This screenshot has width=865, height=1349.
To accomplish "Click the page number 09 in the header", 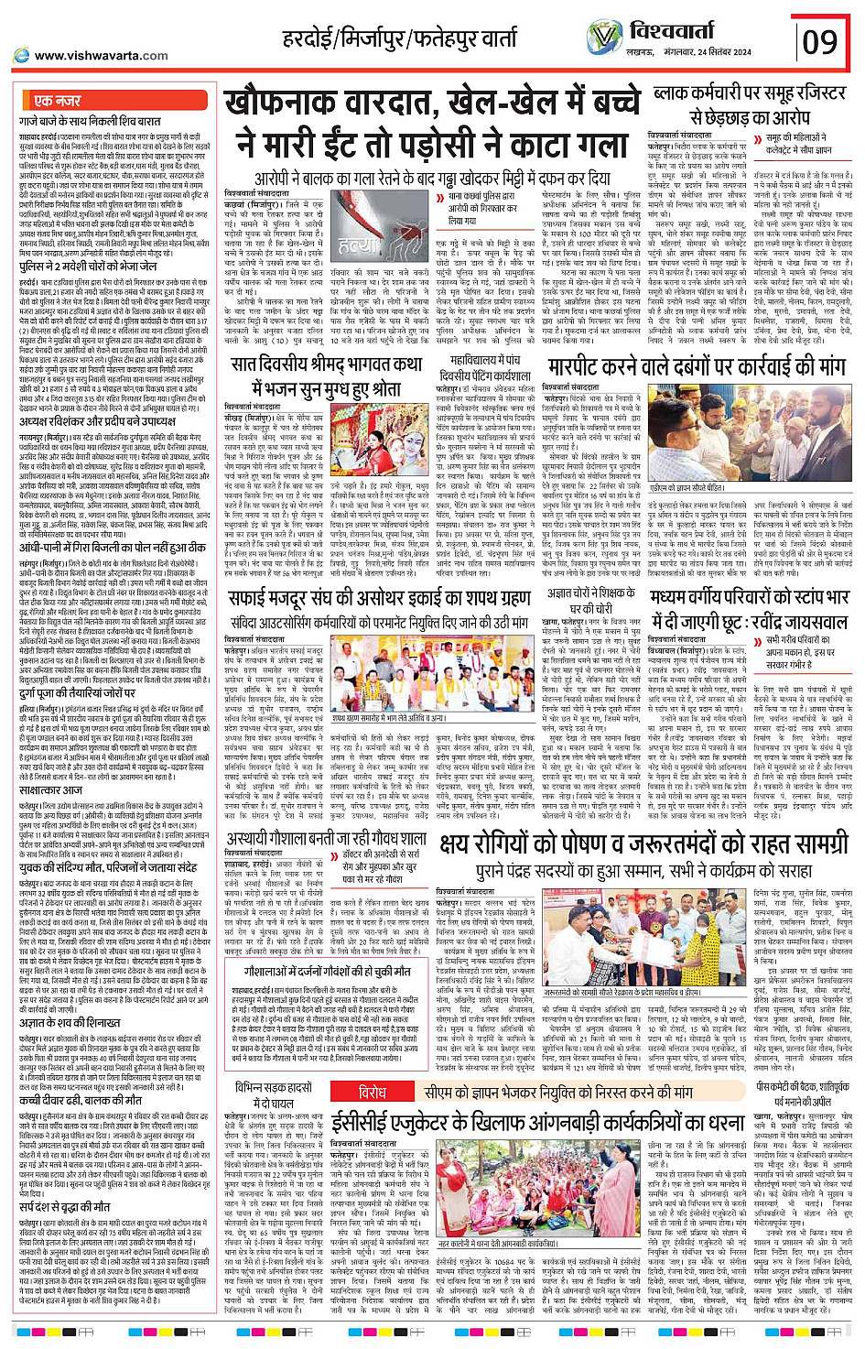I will point(820,41).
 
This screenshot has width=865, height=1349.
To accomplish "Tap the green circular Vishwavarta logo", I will point(604,38).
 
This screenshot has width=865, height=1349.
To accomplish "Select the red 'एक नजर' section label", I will point(58,101).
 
